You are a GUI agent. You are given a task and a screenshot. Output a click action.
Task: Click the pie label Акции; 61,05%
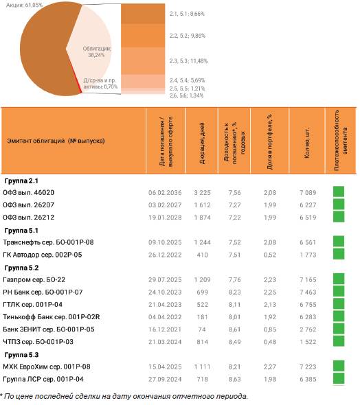pyautogui.click(x=24, y=5)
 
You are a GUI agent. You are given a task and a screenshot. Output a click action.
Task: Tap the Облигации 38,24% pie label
pyautogui.click(x=97, y=51)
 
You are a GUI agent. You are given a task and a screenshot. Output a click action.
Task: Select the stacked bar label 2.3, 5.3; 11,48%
pyautogui.click(x=188, y=61)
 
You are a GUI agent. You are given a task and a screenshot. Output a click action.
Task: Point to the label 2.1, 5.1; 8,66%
pyautogui.click(x=187, y=14)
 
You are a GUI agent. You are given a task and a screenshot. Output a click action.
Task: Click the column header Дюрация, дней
pyautogui.click(x=202, y=143)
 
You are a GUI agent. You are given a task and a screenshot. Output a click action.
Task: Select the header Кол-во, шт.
pyautogui.click(x=307, y=143)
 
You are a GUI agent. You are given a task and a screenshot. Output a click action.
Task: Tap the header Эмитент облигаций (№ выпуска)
pyautogui.click(x=56, y=141)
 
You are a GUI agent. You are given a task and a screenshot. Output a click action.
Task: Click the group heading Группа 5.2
pyautogui.click(x=21, y=268)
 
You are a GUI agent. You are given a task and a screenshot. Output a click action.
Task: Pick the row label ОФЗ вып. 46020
pyautogui.click(x=28, y=193)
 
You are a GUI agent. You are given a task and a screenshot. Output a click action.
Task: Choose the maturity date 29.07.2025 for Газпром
pyautogui.click(x=165, y=280)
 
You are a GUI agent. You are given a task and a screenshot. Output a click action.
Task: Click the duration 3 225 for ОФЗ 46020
pyautogui.click(x=203, y=193)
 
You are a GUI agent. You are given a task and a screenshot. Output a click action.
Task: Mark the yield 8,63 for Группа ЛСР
pyautogui.click(x=234, y=379)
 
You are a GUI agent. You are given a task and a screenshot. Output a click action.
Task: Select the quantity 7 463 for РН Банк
pyautogui.click(x=308, y=292)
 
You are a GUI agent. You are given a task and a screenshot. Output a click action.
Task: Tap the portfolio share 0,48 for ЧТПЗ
pyautogui.click(x=270, y=342)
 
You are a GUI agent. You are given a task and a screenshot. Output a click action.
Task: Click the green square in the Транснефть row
pyautogui.click(x=339, y=242)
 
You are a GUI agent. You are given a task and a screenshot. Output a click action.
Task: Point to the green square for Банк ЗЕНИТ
pyautogui.click(x=339, y=329)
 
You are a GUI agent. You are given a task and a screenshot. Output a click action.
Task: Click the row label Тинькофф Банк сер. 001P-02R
pyautogui.click(x=51, y=317)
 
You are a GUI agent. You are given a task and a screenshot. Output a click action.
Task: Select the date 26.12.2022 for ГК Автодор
pyautogui.click(x=165, y=255)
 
